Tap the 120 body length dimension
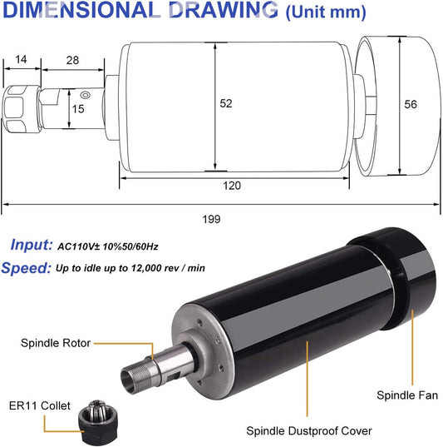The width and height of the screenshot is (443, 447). point(233,186)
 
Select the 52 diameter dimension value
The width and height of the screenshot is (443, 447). point(226,103)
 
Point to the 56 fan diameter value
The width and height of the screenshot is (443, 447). point(411,104)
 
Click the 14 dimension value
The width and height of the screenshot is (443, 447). point(21,60)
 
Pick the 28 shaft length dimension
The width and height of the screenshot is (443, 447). point(72,60)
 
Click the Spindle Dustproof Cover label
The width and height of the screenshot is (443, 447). point(308,431)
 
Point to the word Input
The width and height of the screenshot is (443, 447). point(32,245)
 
